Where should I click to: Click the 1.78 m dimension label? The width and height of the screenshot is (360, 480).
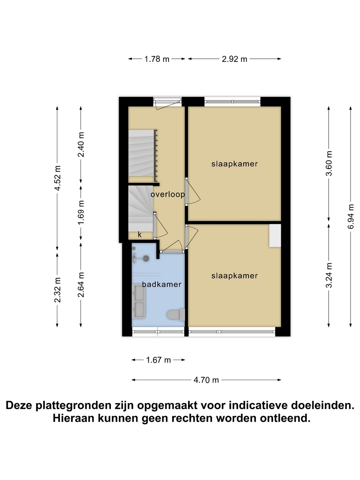click(x=157, y=59)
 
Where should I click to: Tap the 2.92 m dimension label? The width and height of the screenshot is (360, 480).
click(x=234, y=59)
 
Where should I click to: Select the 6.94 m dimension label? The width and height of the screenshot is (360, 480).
click(x=351, y=216)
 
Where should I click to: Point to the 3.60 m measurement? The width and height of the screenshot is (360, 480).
click(x=329, y=163)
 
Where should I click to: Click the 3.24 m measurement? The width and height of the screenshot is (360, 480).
click(x=329, y=275)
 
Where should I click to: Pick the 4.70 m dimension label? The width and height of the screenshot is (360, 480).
click(x=206, y=380)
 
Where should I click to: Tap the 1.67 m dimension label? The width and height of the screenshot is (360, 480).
click(x=158, y=360)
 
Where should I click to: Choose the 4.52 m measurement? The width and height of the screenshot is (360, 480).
click(x=57, y=178)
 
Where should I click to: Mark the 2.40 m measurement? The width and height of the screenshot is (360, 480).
click(x=81, y=145)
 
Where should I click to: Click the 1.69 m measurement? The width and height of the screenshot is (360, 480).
click(x=81, y=212)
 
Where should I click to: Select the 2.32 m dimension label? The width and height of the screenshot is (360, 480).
click(x=57, y=290)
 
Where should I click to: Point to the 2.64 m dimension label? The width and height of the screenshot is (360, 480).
click(x=81, y=285)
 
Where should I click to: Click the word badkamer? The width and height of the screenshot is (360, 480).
click(x=162, y=285)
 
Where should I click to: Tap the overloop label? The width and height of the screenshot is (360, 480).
click(x=168, y=194)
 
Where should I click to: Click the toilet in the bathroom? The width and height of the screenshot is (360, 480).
click(x=176, y=315)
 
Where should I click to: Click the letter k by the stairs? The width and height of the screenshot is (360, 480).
click(x=140, y=235)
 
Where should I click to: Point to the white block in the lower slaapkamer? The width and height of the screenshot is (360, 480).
click(x=275, y=236)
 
